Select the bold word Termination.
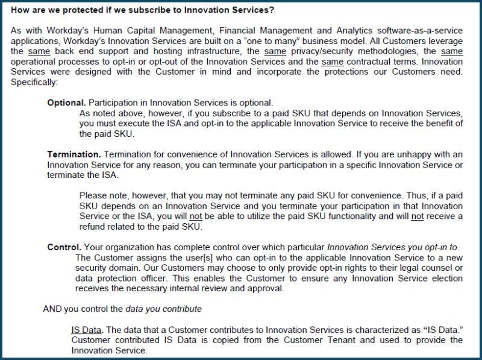point(72,155)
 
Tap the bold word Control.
point(64,247)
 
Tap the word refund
point(93,226)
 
